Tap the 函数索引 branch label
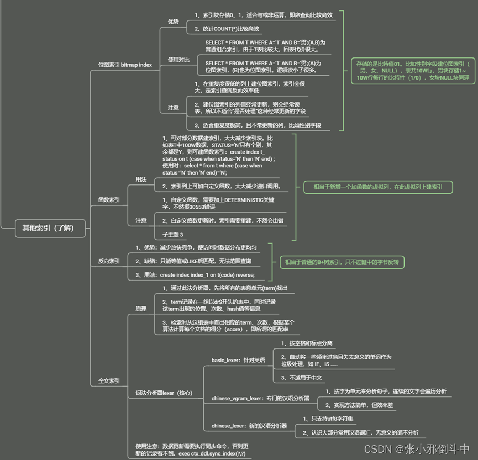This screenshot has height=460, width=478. click(x=109, y=200)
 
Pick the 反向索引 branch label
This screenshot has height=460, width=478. click(x=109, y=261)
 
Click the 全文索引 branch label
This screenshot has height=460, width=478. click(x=109, y=380)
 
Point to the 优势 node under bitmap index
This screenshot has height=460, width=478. click(x=174, y=22)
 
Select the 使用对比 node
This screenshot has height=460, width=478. click(x=178, y=59)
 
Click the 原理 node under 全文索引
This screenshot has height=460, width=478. click(x=141, y=308)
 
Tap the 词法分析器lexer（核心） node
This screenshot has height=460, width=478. click(x=164, y=393)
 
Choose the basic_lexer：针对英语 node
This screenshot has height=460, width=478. click(x=238, y=360)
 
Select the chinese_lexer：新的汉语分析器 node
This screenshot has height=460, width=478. click(x=249, y=426)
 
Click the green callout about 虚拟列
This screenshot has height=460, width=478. click(x=377, y=187)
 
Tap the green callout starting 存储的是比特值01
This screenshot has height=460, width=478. click(x=413, y=71)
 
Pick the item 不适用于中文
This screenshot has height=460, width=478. click(x=301, y=378)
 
